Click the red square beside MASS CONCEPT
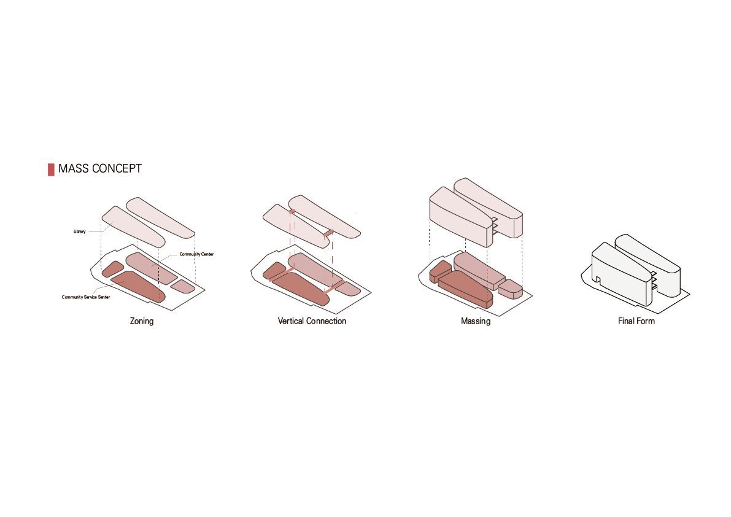click(x=51, y=169)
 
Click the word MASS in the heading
click(x=73, y=168)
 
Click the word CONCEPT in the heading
click(x=117, y=168)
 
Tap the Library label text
click(x=79, y=231)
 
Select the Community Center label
click(x=197, y=254)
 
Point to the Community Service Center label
click(x=86, y=297)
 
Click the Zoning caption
click(x=142, y=321)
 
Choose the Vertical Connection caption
click(x=312, y=321)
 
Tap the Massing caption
click(x=476, y=321)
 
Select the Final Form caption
click(x=636, y=321)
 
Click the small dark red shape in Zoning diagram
click(x=113, y=270)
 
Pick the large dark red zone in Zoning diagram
click(x=138, y=286)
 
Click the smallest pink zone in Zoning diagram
click(x=183, y=287)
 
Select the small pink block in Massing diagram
click(x=510, y=289)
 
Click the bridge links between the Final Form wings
click(x=654, y=280)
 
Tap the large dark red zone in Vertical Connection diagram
click(x=300, y=289)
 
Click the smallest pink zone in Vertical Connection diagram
click(x=348, y=289)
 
